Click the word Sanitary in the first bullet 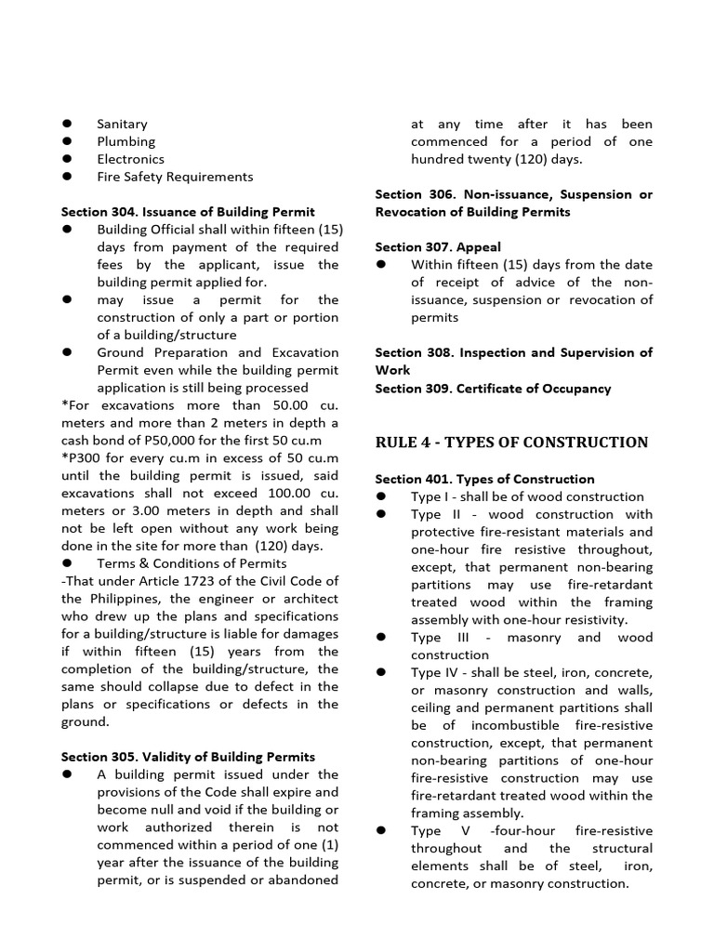click(x=122, y=124)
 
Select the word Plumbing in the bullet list click(x=126, y=141)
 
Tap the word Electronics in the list click(x=130, y=159)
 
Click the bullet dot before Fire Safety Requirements click(x=68, y=177)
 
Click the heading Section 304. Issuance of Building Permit click(x=188, y=212)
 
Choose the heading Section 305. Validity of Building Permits click(x=188, y=757)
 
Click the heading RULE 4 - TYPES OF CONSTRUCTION click(x=511, y=443)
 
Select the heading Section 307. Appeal click(x=438, y=247)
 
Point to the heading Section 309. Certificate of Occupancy click(x=493, y=389)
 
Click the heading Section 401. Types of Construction click(x=484, y=479)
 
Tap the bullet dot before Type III click(x=382, y=638)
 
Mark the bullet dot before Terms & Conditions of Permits click(x=68, y=563)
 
